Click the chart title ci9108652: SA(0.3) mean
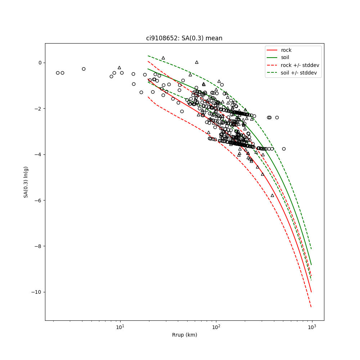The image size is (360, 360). tap(184, 38)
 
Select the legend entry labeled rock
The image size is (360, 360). tap(286, 50)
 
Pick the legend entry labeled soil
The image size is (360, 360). tap(285, 57)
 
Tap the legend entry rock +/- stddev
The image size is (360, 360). tap(300, 65)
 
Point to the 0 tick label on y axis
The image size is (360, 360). tap(40, 63)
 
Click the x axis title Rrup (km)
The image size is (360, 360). tap(184, 335)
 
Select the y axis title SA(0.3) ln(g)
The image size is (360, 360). tap(26, 182)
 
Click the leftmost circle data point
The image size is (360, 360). tap(58, 73)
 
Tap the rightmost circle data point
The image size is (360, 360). tap(284, 149)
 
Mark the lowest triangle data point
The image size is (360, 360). tap(272, 195)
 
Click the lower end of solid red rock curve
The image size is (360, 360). tap(311, 292)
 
